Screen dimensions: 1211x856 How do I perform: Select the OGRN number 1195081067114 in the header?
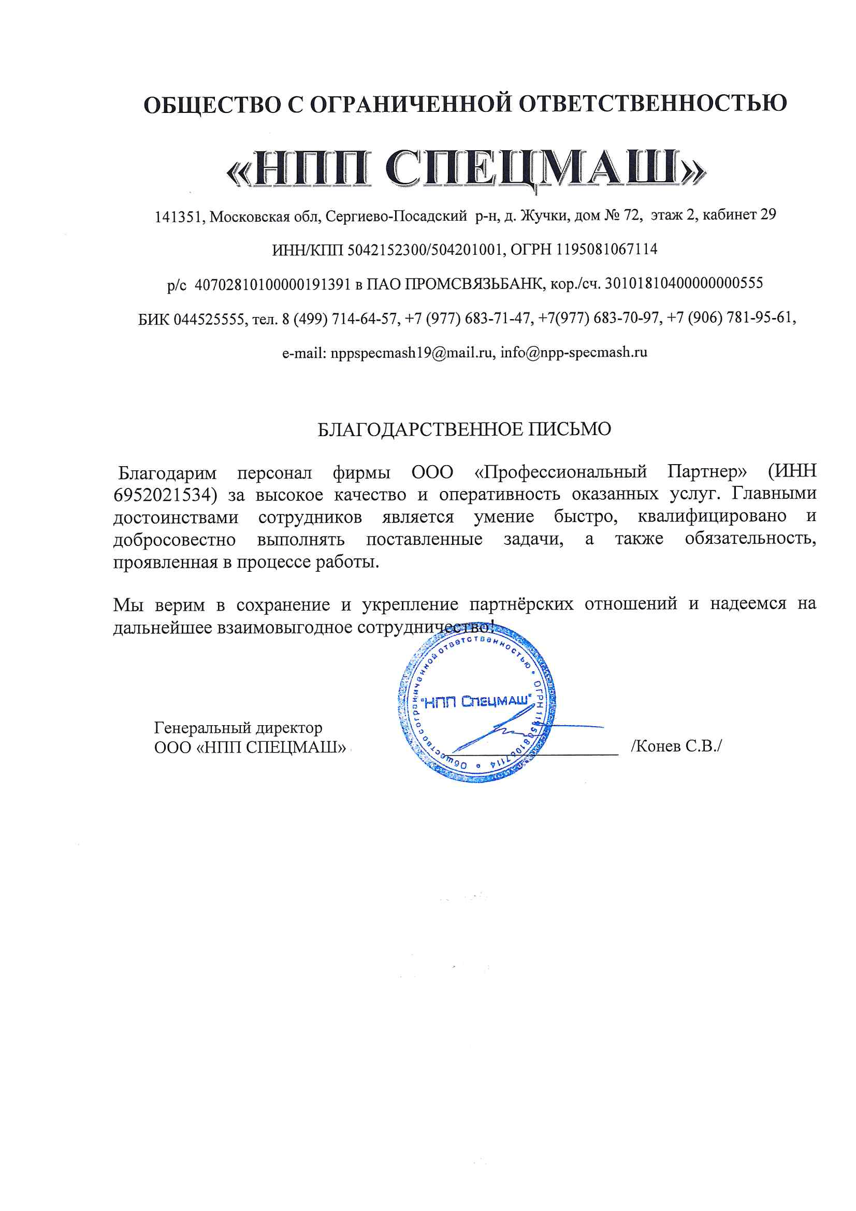pos(606,249)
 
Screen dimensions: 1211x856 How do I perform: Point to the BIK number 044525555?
pos(209,319)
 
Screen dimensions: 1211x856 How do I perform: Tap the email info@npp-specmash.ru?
pos(574,352)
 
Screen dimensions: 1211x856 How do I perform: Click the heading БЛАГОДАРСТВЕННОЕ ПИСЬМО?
pos(464,429)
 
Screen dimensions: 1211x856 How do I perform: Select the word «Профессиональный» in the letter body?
pos(560,471)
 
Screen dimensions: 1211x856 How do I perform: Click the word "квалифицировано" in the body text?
pos(712,516)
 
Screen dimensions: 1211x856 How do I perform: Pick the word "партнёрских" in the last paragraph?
pos(521,604)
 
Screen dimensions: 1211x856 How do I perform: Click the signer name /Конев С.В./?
pos(676,746)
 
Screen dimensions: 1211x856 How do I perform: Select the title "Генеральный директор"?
pos(238,728)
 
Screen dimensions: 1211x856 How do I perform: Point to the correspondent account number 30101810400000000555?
pos(684,283)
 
